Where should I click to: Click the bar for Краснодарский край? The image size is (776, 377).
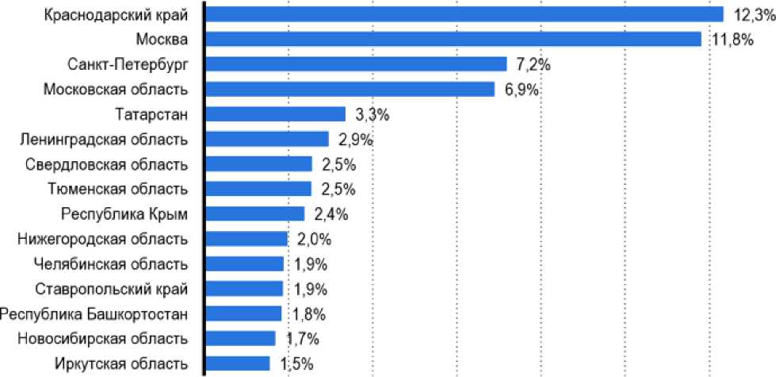point(464,14)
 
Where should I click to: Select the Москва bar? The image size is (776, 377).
point(453,39)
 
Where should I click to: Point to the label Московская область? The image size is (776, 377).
point(116,89)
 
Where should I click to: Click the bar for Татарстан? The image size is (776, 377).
point(276,114)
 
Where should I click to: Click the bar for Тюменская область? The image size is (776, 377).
point(258,189)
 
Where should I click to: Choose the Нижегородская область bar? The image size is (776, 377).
point(247,239)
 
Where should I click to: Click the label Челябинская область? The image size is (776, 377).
point(112,264)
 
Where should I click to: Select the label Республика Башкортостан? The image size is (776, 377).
point(94,314)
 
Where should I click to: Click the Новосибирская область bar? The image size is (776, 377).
point(241,339)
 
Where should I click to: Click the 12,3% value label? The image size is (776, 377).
point(748,14)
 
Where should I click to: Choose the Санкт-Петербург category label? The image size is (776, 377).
point(128,64)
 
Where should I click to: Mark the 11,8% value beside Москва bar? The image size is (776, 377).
point(726,39)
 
